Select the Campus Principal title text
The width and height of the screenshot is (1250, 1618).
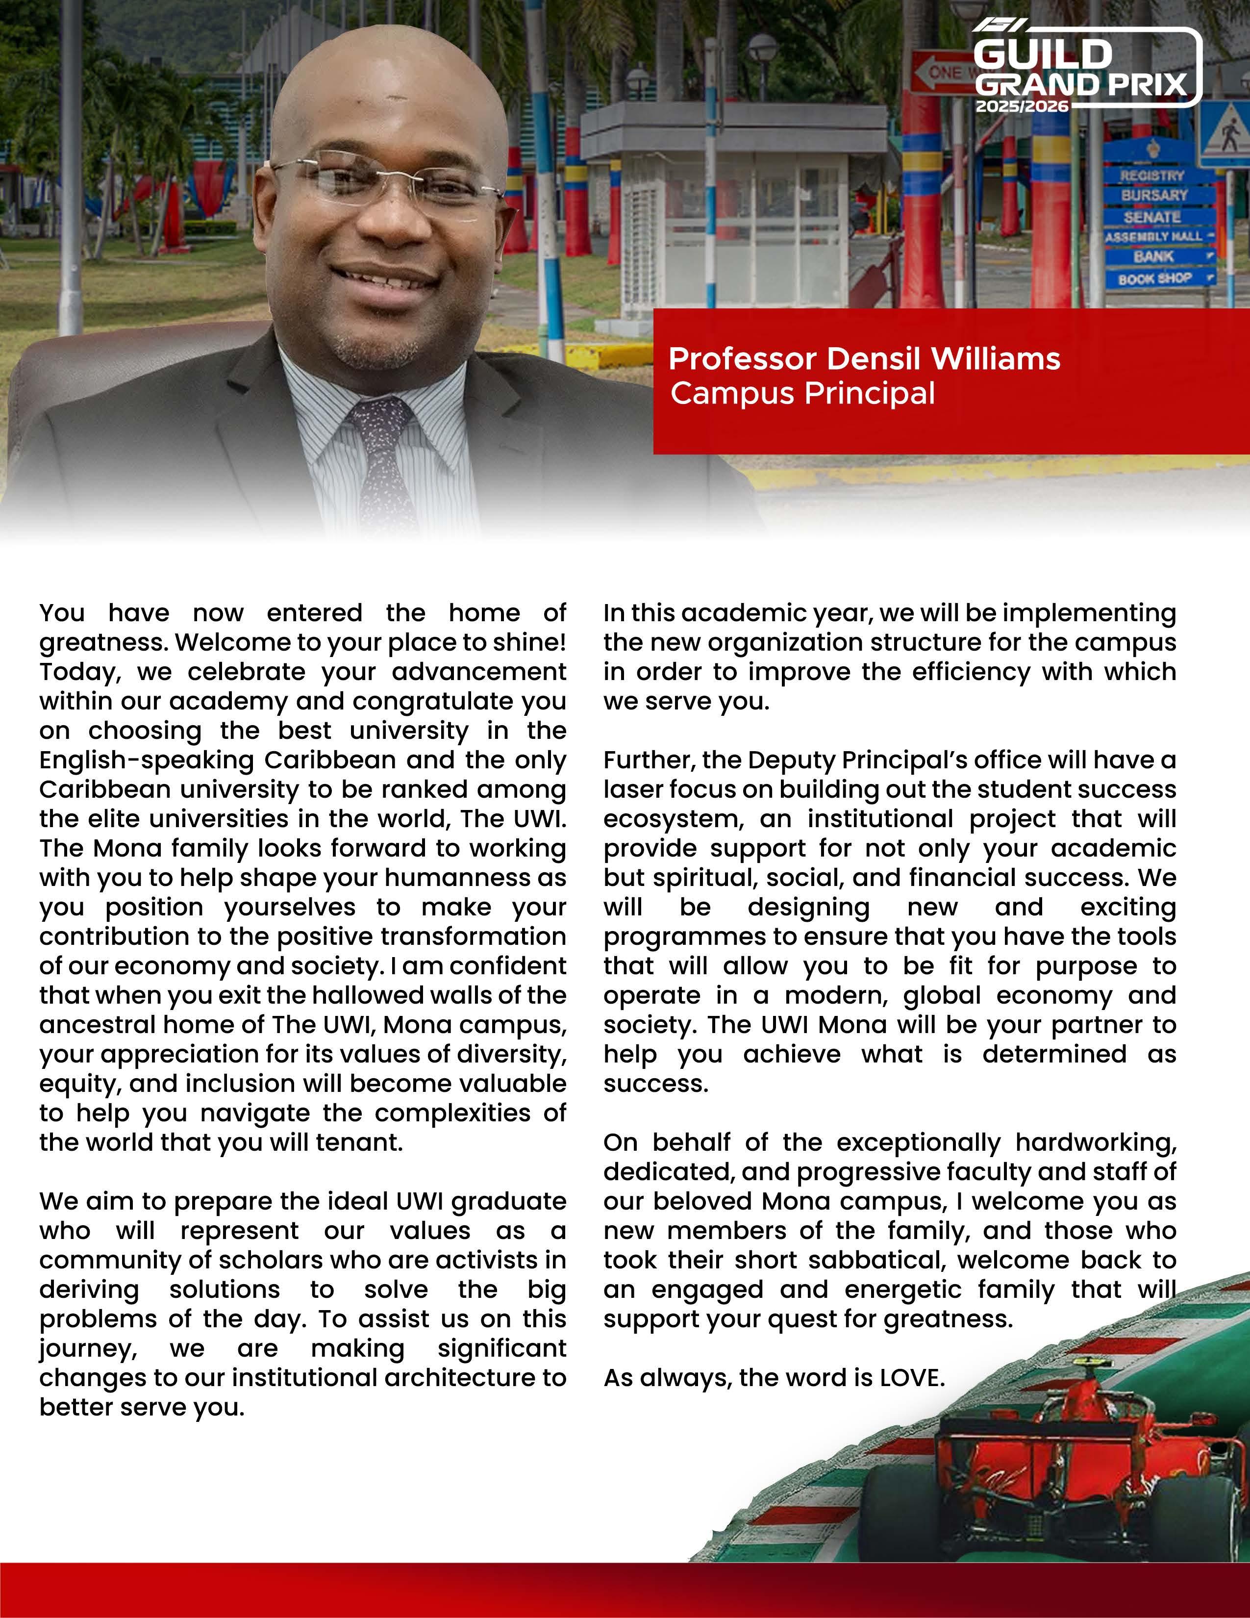(802, 393)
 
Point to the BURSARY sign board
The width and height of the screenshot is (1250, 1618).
(1154, 195)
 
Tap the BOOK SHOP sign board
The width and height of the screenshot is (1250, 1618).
(1155, 278)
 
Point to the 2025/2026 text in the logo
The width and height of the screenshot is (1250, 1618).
(1022, 107)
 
